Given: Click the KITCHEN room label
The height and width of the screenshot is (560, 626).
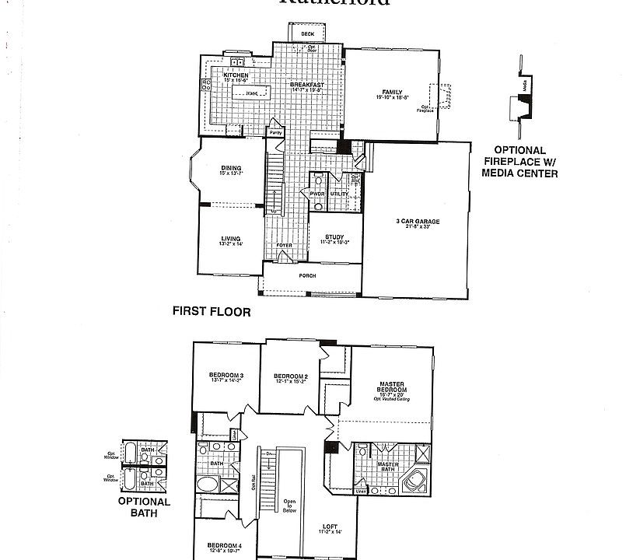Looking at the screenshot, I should [236, 75].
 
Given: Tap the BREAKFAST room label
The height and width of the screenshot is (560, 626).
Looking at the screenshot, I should [306, 85].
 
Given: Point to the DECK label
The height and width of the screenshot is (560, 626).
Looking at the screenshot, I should [307, 34].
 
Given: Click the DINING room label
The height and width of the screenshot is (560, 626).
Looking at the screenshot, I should [230, 168].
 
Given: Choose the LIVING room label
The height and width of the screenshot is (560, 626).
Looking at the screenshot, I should [229, 239].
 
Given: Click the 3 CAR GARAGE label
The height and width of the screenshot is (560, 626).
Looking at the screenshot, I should [418, 222].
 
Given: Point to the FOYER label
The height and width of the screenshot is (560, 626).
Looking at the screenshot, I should [285, 245].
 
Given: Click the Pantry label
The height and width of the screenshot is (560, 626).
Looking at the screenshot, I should [275, 133].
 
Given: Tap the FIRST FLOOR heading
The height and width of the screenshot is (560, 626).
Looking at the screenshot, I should [211, 312].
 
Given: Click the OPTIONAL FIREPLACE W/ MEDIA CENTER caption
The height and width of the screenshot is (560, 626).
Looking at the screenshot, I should [519, 162].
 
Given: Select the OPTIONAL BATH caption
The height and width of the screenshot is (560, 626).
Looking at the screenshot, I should [144, 507].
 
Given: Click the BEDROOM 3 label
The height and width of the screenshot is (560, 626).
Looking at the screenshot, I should [226, 376].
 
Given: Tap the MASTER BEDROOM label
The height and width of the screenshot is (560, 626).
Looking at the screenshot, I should [390, 387].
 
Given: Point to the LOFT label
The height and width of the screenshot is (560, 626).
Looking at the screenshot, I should [330, 527].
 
